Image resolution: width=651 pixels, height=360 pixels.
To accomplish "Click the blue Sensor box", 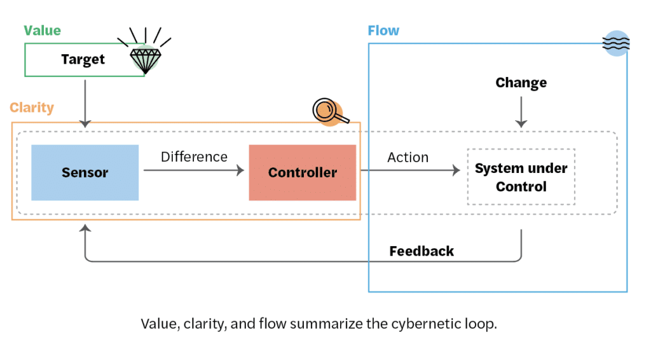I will click(85, 172).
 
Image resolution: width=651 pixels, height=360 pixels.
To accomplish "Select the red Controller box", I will click(302, 172).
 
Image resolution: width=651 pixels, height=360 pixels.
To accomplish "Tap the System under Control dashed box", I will click(521, 177).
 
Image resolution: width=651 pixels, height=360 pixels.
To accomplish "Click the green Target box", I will click(83, 60).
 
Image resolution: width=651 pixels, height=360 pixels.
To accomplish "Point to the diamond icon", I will click(146, 59).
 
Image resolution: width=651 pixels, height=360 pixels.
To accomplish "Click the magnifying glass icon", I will click(328, 111).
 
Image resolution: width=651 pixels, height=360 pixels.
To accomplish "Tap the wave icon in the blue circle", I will click(615, 43).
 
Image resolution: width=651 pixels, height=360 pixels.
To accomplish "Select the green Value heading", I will click(43, 31).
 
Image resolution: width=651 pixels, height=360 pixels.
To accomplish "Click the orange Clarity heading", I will click(32, 107).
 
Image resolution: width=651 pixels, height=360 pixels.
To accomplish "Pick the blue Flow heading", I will click(383, 31).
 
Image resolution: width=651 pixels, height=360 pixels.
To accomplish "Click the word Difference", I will click(194, 156).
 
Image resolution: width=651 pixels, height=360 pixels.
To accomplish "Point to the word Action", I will click(408, 157).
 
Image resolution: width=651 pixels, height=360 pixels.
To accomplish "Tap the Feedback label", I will click(421, 251).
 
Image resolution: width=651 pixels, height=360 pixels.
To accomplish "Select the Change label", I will click(521, 83).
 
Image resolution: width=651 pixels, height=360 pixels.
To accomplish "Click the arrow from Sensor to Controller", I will click(193, 170).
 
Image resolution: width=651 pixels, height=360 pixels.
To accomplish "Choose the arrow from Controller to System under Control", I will click(410, 170).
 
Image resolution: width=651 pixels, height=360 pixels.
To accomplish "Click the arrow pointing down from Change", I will click(521, 113).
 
